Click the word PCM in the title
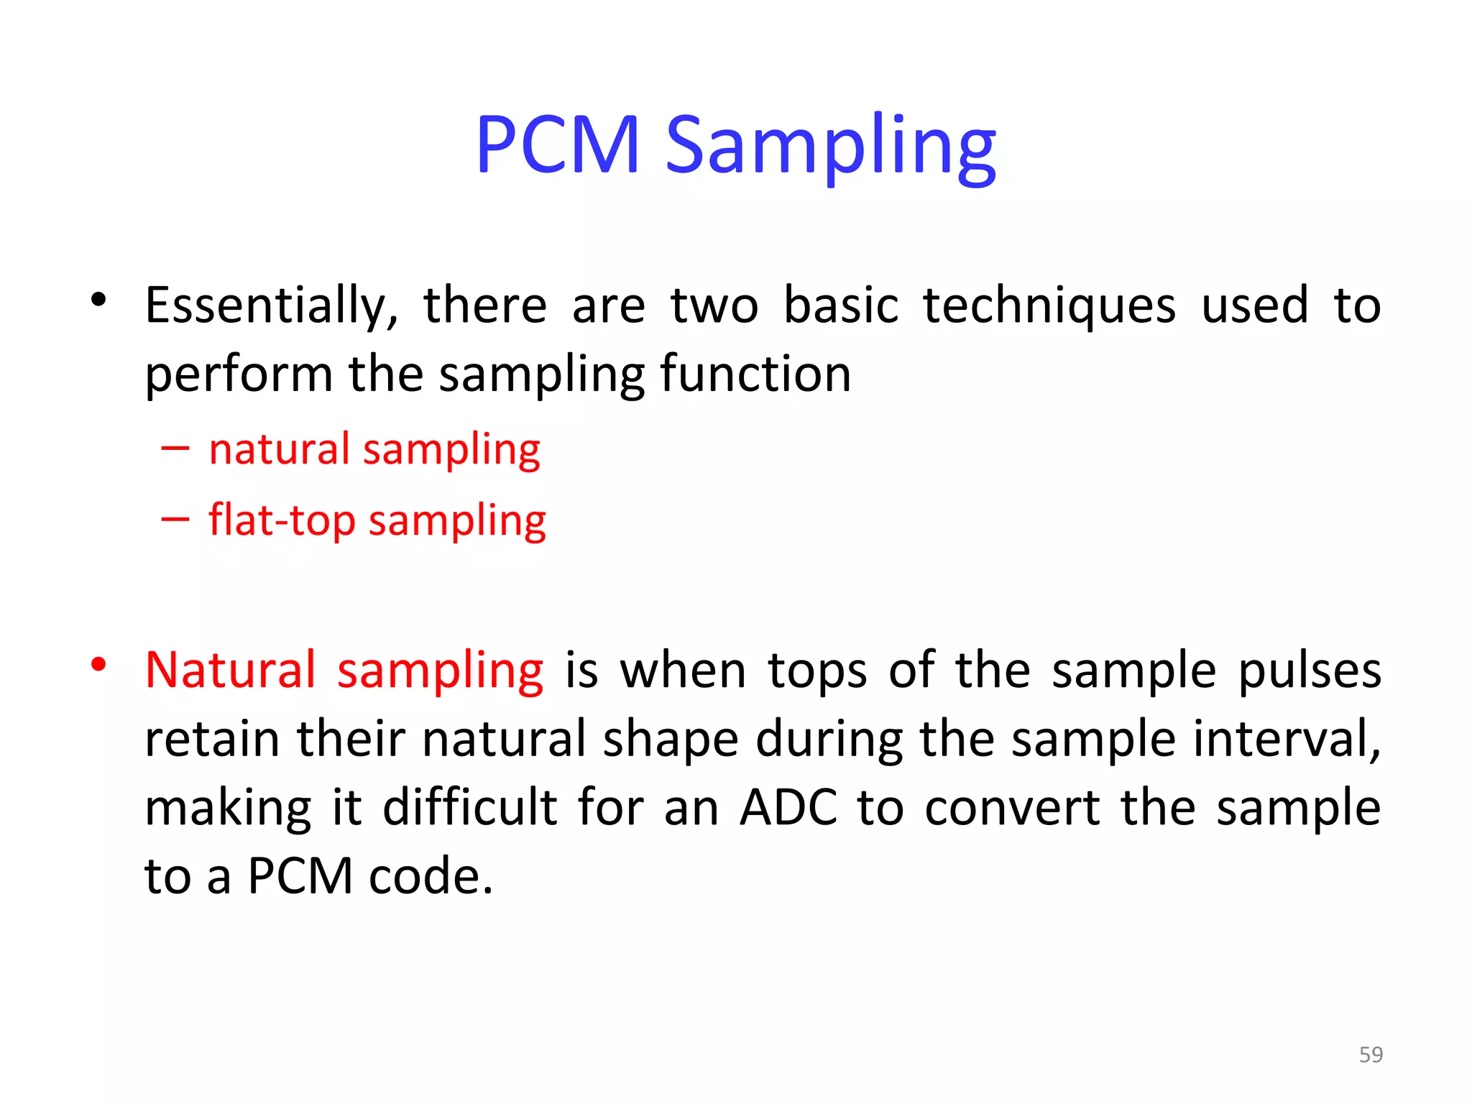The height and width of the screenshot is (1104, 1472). tap(558, 145)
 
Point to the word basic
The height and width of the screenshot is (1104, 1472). tap(840, 305)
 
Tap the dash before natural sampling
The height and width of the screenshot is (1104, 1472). tap(175, 449)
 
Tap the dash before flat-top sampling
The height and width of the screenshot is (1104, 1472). tap(175, 518)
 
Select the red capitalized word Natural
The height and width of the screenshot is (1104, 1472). tap(230, 671)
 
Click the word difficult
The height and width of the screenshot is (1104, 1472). tap(470, 808)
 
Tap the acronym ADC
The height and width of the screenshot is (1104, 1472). tap(788, 808)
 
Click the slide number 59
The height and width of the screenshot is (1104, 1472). tap(1371, 1054)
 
